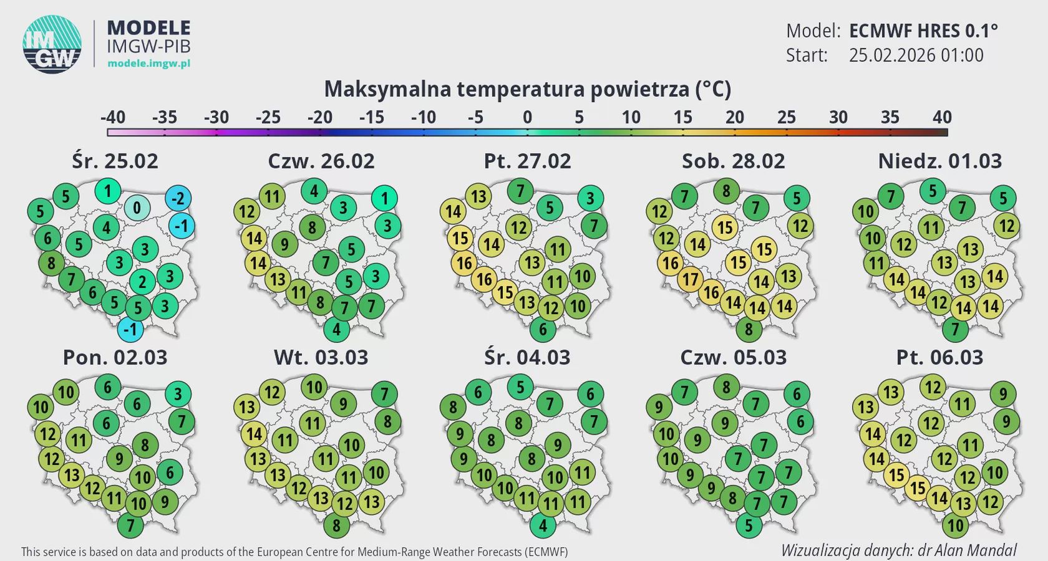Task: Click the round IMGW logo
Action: coord(52,44)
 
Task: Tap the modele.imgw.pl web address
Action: coord(148,63)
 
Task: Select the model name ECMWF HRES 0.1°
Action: coord(923,31)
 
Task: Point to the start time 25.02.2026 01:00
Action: coord(916,55)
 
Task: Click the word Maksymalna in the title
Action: coord(387,89)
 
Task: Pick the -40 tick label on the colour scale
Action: coord(112,117)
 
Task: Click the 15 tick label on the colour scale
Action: coord(682,117)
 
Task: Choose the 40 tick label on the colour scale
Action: coord(942,117)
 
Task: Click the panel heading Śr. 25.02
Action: coord(115,161)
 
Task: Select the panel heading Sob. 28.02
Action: coord(733,161)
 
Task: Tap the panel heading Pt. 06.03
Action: coord(939,357)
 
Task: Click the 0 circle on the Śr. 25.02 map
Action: coord(137,208)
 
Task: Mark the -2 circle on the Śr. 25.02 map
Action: coord(178,199)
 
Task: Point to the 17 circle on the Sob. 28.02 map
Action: coord(690,279)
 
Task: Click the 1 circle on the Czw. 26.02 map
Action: coord(384,199)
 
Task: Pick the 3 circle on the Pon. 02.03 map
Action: coord(178,394)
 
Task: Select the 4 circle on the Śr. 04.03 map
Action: coord(543,525)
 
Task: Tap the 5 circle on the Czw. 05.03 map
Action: coord(749,525)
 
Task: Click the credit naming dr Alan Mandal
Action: coord(898,550)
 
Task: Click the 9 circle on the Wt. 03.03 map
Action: coord(342,404)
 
